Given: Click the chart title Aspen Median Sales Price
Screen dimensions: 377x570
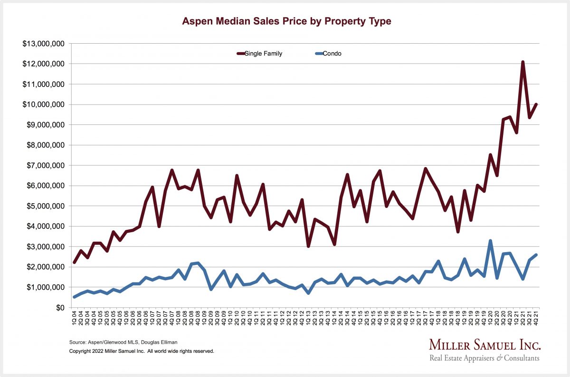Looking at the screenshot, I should (x=287, y=22).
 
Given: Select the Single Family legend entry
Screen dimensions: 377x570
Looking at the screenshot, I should (x=263, y=54).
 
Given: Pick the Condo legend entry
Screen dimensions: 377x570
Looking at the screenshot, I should (x=332, y=54).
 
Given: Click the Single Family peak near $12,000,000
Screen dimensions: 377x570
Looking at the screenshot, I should (x=523, y=62).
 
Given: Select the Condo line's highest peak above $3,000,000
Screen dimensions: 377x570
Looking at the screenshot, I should (x=490, y=241).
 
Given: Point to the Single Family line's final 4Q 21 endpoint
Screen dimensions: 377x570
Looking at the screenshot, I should (x=536, y=104).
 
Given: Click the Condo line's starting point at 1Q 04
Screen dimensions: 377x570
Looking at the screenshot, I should (x=75, y=297).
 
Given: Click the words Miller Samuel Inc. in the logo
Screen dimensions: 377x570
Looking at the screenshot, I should (x=484, y=345).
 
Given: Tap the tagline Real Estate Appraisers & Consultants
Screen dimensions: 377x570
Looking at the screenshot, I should (x=484, y=358).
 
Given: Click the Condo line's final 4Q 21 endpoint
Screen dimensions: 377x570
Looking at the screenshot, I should (x=536, y=255).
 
